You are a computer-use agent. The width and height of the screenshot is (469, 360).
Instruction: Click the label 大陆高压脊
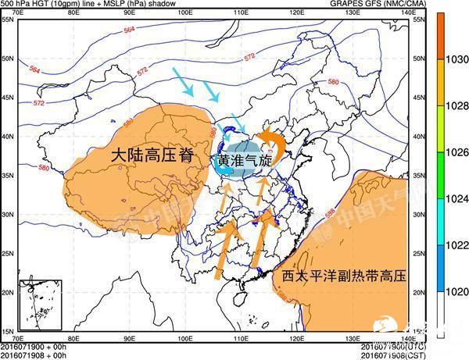point(150,155)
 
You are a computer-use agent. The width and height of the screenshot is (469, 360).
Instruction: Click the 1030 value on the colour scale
point(458,59)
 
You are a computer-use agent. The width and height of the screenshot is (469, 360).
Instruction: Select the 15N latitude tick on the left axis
point(8,331)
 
